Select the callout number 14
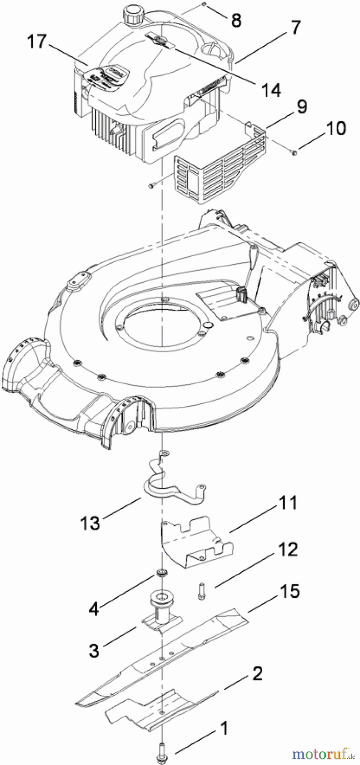coord(271,90)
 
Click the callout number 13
coord(91,522)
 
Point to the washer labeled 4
coord(162,572)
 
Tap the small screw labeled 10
coord(294,150)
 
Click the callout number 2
coord(258,673)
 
